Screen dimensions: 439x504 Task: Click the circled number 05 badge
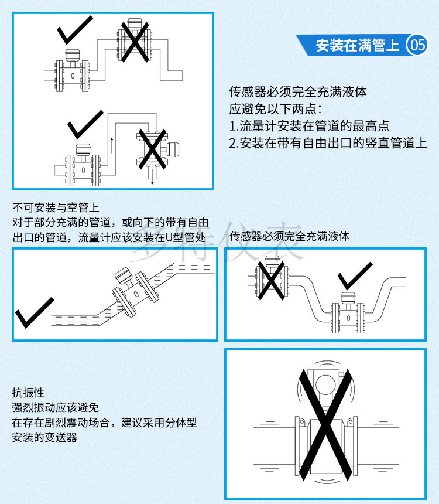tap(417, 45)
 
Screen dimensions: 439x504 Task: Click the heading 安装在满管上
tap(358, 45)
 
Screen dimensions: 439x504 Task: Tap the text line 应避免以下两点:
tap(275, 109)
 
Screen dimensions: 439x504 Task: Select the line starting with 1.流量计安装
tap(309, 126)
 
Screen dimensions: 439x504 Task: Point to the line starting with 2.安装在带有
tap(328, 143)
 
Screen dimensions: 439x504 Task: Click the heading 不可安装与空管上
tap(56, 207)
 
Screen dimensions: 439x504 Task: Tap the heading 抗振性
tap(28, 393)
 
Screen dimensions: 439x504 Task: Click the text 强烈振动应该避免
tap(55, 407)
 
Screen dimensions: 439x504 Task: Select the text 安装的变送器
tap(44, 437)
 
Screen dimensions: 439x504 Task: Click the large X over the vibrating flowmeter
tap(325, 425)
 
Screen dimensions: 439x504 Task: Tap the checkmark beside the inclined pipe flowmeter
tap(35, 312)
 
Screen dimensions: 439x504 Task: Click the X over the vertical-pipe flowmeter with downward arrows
tap(152, 149)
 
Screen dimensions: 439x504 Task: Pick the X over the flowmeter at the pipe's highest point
tap(135, 42)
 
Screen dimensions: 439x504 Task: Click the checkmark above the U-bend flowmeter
tap(355, 276)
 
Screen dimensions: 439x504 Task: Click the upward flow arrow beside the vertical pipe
tap(112, 145)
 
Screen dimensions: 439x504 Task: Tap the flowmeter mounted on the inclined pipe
tap(135, 291)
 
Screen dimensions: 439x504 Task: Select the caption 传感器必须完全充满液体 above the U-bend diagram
tap(290, 237)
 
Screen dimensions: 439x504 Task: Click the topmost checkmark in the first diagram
tap(75, 30)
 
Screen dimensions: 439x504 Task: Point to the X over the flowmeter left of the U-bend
tap(272, 281)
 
